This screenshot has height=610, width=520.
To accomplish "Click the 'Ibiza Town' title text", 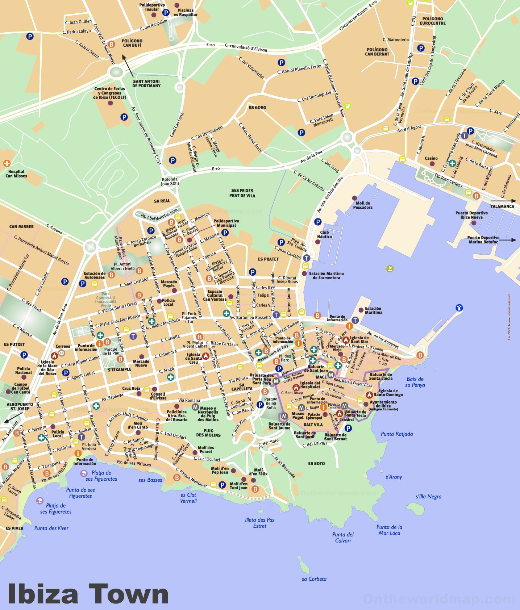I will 88,593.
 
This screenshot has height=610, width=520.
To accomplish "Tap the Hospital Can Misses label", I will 16,174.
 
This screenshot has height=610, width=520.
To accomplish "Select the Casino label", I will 431,158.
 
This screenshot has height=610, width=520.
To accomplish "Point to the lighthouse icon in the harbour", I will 459,308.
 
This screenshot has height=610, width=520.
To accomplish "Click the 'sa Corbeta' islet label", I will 314,579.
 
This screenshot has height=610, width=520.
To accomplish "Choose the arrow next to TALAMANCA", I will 503,201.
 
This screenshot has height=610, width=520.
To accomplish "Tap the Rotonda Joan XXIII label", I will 170,181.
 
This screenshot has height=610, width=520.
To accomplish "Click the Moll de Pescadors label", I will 363,205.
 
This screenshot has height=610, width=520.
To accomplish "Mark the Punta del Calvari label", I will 343,537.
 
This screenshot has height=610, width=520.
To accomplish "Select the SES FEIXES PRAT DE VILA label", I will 242,193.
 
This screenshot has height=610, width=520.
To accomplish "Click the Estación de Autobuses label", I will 94,275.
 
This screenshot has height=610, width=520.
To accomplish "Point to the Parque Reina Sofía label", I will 271,403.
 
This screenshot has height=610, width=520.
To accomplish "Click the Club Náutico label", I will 324,234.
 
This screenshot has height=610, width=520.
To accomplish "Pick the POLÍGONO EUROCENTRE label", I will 432,21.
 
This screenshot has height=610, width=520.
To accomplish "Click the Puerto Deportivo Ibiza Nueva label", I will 471,215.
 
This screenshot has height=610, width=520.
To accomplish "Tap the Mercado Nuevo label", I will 141,363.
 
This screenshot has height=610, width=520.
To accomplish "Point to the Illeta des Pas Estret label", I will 259,523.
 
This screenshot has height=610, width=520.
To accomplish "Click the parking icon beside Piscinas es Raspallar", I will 166,13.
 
